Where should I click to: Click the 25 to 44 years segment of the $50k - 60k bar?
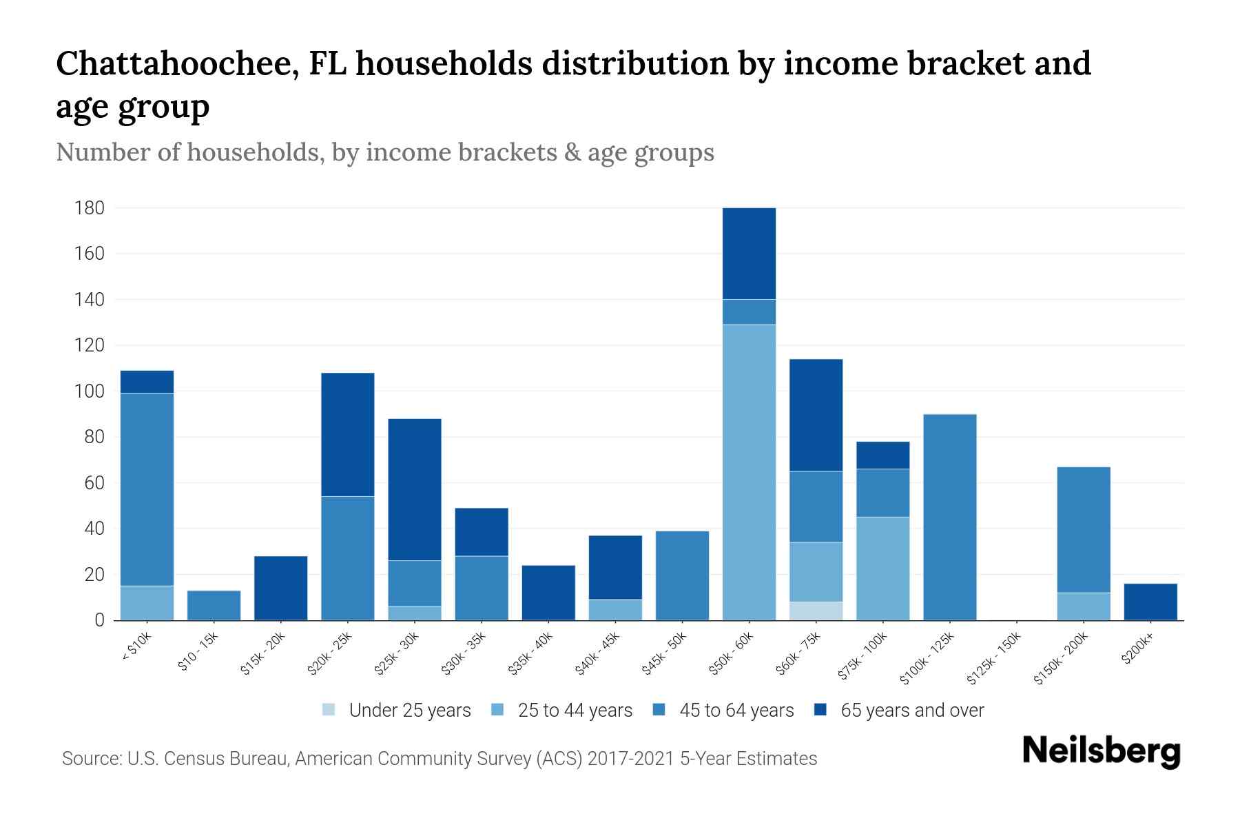pos(749,472)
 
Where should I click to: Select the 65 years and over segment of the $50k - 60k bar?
pos(749,253)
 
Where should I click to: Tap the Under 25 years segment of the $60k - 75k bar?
pos(816,611)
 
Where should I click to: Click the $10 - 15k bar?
pos(214,605)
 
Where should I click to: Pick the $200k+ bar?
pos(1150,602)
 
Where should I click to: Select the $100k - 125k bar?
pos(949,517)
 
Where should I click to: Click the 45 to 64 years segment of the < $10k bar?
pos(147,489)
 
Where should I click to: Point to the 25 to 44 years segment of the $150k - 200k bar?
pos(1084,606)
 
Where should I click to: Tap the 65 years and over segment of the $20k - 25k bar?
pos(348,434)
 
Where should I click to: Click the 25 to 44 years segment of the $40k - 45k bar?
pos(615,610)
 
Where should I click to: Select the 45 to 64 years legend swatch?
pos(659,710)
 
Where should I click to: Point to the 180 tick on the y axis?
pos(90,207)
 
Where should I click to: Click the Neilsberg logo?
pos(1101,751)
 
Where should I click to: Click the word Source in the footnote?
pos(90,759)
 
